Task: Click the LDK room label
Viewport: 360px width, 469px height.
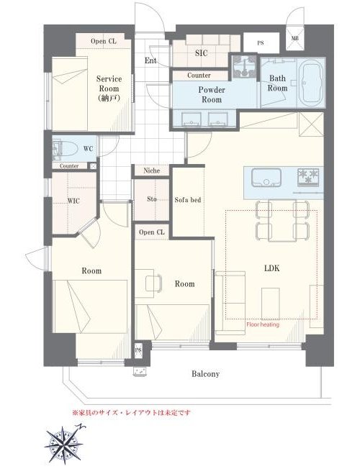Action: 272,268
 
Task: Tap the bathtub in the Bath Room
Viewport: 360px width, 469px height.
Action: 311,82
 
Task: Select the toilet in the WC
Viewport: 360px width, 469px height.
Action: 63,149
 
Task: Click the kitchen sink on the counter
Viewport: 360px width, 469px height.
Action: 266,178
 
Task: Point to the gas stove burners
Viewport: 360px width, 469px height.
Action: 308,176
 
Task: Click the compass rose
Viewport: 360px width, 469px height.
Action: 64,444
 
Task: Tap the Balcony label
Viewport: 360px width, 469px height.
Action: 205,374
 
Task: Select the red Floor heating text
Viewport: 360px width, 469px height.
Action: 263,324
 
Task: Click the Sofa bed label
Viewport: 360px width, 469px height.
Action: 188,200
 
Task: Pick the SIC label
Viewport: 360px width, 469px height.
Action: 202,53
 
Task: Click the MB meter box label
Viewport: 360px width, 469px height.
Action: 294,38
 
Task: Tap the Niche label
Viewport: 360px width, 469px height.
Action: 152,170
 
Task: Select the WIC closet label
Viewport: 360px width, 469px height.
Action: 73,201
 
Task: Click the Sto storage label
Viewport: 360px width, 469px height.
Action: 152,199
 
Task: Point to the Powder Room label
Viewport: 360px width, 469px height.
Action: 212,94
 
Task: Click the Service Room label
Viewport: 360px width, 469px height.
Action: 109,88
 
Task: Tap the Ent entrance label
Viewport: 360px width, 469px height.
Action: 150,60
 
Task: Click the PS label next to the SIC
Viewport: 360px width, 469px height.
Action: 261,43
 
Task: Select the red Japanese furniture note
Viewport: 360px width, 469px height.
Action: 131,413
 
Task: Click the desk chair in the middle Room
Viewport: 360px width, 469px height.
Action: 153,283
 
